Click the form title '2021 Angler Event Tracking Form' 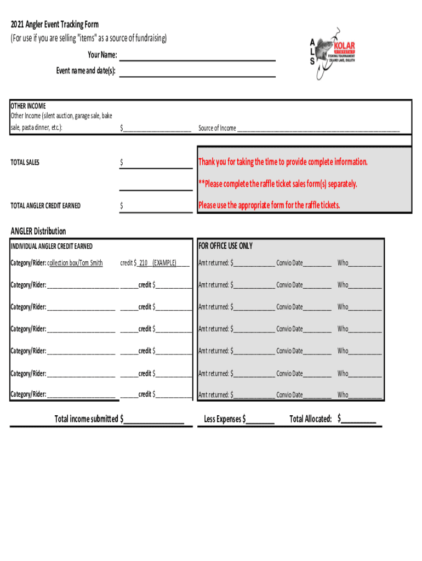(55, 25)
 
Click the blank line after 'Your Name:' (197, 56)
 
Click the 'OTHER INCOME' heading (28, 106)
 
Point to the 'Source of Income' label (217, 128)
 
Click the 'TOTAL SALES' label (25, 163)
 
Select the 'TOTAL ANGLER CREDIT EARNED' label (45, 206)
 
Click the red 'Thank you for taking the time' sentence (283, 162)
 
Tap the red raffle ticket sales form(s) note (277, 184)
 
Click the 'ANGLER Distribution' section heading (38, 231)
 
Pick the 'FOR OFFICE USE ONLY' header (226, 246)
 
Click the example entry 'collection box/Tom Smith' (75, 263)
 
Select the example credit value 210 (144, 263)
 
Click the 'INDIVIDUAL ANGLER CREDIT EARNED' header (52, 247)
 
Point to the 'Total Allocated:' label (310, 419)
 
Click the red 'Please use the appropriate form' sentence (269, 205)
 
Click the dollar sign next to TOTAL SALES (122, 163)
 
